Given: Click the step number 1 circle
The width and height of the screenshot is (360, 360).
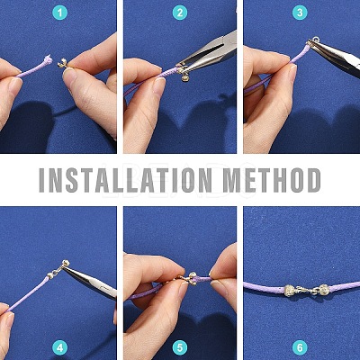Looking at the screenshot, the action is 60,13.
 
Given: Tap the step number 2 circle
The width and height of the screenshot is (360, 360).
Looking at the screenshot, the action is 180,13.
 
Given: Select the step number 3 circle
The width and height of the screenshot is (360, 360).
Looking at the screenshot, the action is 300,13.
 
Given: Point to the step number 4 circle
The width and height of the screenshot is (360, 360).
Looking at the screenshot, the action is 60,347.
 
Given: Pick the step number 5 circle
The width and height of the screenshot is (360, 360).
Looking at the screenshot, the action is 180,347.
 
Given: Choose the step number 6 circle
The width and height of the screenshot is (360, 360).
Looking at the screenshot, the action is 300,347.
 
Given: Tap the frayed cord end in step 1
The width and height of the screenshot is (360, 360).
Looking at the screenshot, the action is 48,60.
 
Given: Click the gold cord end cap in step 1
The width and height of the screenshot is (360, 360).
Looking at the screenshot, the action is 62,63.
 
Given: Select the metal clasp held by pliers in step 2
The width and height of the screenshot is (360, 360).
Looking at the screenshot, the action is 183,73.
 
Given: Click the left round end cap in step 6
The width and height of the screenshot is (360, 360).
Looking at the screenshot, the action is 289,290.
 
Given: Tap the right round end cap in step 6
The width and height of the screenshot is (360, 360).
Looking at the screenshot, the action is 323,289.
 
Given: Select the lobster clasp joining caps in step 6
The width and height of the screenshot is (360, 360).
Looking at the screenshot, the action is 306,290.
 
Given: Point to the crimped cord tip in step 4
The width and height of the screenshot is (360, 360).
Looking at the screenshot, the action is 50,274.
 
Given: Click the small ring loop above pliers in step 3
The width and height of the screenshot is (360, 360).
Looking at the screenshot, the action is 316,39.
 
